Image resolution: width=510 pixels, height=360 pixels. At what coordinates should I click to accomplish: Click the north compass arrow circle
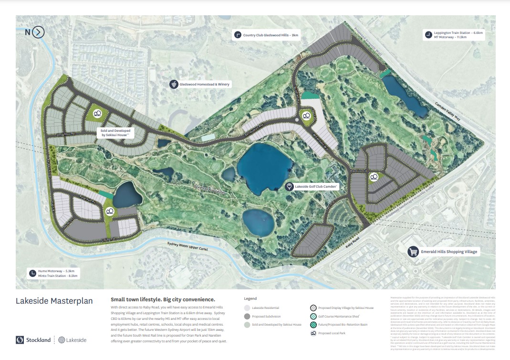39,32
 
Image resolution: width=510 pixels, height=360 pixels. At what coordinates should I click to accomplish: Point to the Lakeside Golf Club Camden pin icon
289,187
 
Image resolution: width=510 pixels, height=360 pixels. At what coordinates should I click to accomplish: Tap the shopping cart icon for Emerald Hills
413,252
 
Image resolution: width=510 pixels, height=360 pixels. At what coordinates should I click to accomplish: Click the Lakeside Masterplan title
54,301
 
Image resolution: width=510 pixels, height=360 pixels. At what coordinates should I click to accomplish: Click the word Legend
250,299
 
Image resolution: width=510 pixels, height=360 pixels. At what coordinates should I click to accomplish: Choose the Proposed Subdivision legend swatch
247,316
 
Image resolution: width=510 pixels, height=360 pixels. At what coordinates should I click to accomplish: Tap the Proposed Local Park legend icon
313,333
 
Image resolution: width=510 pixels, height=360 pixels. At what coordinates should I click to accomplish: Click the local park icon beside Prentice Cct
374,177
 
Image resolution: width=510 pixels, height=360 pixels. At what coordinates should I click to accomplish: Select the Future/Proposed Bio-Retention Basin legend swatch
313,324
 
